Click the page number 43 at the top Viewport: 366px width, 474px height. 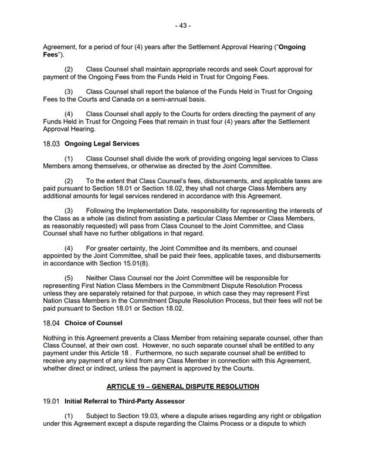(x=182, y=26)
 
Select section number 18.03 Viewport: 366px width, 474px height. (x=52, y=144)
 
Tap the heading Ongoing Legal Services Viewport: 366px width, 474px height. (x=102, y=144)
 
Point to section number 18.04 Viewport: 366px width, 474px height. (x=52, y=322)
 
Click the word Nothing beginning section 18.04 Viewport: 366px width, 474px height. (x=57, y=338)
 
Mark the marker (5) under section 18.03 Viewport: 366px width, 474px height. (x=69, y=278)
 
